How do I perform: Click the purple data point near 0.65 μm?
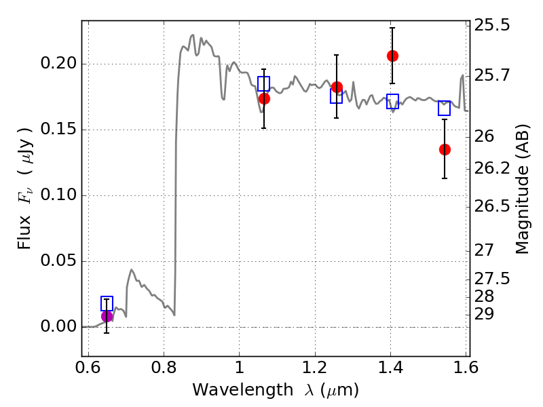tap(107, 316)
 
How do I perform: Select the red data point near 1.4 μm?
tap(392, 56)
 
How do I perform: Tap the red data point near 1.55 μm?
tap(445, 149)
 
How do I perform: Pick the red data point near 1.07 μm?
tap(264, 98)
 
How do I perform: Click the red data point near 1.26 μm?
tap(337, 87)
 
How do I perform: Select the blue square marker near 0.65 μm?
tap(107, 303)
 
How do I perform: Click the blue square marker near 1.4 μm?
tap(392, 102)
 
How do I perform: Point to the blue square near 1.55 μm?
tap(444, 109)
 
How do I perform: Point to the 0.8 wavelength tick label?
tap(164, 368)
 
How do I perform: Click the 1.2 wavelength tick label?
tap(315, 368)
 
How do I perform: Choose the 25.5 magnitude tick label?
tap(493, 26)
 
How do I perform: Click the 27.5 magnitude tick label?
tap(493, 279)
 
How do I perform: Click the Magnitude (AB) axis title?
tap(522, 189)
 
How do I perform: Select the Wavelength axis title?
tap(276, 390)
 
